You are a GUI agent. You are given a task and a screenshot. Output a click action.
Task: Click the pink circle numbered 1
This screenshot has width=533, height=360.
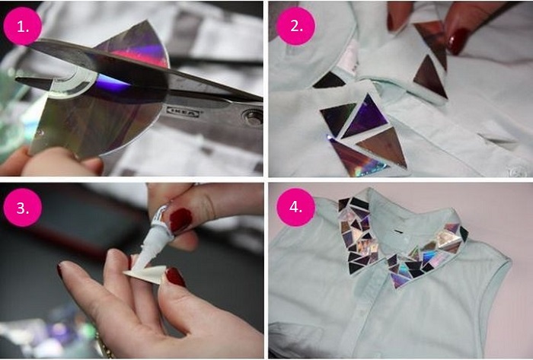[22, 26]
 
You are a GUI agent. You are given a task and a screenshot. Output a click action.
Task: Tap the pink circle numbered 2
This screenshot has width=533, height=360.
[295, 26]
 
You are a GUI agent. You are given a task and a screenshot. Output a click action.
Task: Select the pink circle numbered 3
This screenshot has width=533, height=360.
[22, 207]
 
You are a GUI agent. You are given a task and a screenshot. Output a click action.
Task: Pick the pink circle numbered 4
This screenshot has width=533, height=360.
[295, 207]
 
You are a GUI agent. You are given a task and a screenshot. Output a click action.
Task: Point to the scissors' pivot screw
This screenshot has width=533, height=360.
[253, 117]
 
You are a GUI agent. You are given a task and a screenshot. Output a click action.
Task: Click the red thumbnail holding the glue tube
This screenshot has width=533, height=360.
[180, 220]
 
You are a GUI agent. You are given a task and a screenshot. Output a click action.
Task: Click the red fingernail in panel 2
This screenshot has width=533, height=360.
[458, 41]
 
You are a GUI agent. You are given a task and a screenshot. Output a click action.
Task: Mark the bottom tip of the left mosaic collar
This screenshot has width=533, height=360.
[353, 272]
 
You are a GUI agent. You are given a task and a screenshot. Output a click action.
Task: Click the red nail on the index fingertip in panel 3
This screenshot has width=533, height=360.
[175, 277]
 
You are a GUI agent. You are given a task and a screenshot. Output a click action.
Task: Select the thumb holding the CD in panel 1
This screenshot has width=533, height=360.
[61, 161]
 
